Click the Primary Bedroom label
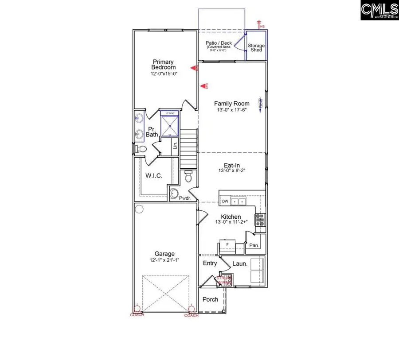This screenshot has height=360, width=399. (164, 64)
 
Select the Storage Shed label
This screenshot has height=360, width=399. (256, 47)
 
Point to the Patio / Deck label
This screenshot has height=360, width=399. (219, 43)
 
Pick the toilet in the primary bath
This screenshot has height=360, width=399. (141, 149)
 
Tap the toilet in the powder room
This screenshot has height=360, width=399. (188, 178)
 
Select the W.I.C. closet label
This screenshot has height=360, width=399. (153, 176)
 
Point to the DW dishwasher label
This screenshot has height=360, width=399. (225, 201)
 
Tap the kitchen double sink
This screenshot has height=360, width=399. (240, 202)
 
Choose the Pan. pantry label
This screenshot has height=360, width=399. (254, 245)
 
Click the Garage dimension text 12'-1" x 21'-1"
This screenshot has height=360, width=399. (164, 260)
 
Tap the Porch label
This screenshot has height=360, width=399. (210, 299)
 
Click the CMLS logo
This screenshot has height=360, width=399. (379, 10)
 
